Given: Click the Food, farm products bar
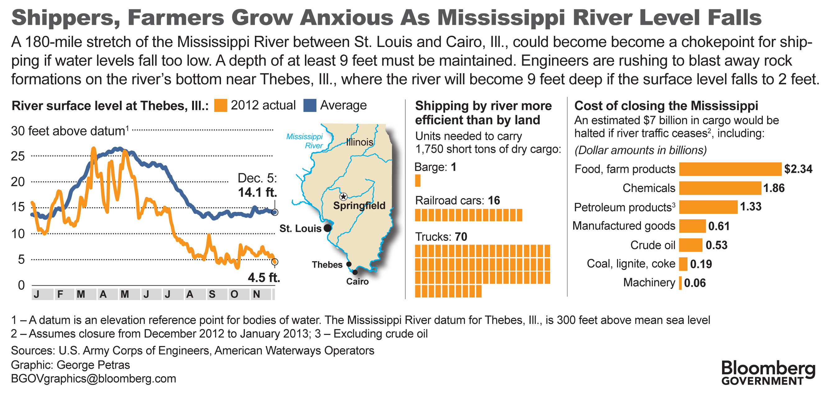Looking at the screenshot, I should (730, 169).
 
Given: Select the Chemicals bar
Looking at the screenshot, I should (720, 188).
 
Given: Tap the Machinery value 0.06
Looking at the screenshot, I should (694, 283).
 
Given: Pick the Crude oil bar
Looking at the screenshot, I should (691, 245).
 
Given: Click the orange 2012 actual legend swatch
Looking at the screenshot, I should (220, 105).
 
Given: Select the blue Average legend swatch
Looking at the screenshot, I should (310, 105).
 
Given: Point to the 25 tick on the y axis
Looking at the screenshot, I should (18, 156).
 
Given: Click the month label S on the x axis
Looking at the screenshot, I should (212, 294).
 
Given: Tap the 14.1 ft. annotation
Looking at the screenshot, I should (257, 192).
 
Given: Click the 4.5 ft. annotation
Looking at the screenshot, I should (264, 278).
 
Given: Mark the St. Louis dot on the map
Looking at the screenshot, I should (327, 228).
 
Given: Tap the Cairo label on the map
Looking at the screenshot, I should (357, 282).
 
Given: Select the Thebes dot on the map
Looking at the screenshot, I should (348, 264).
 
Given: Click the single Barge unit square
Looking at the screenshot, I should (418, 180).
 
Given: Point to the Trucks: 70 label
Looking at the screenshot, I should (441, 237).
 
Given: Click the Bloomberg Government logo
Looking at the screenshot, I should (768, 373).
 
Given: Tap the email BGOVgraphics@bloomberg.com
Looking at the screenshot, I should (93, 378).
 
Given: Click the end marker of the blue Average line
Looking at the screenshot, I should (274, 212).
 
